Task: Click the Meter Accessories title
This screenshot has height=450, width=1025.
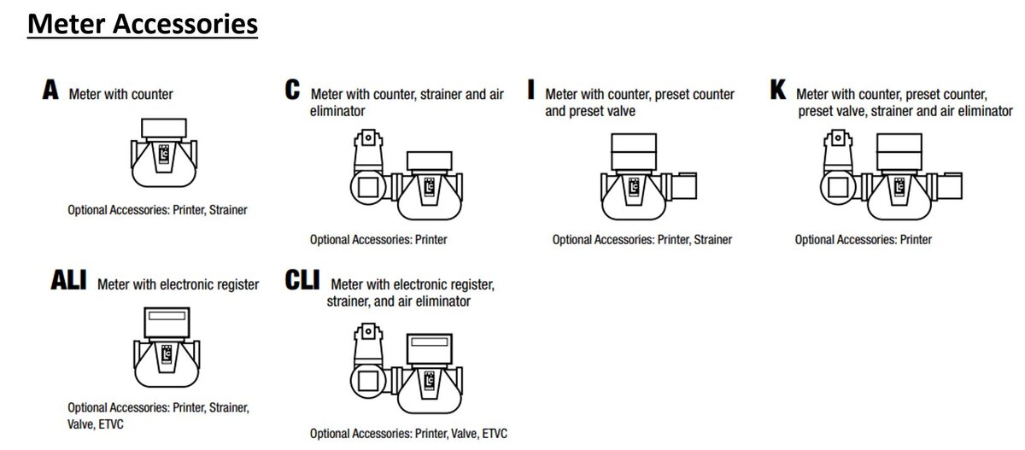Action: pyautogui.click(x=143, y=24)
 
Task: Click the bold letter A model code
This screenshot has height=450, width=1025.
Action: pyautogui.click(x=50, y=90)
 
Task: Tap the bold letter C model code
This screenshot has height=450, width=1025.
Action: pyautogui.click(x=292, y=90)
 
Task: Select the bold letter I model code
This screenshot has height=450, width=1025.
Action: pyautogui.click(x=530, y=90)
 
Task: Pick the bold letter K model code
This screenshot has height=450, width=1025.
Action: pyautogui.click(x=778, y=90)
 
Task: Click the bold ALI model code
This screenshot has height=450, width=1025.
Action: pyautogui.click(x=68, y=280)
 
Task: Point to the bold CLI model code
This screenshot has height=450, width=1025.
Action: pyautogui.click(x=302, y=280)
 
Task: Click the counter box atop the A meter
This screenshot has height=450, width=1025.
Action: pyautogui.click(x=164, y=128)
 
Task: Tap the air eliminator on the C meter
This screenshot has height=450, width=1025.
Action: pyautogui.click(x=368, y=150)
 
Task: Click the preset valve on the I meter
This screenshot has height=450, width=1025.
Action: pyautogui.click(x=683, y=185)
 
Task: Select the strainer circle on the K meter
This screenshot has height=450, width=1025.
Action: pyautogui.click(x=838, y=187)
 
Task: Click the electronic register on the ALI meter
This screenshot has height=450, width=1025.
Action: pyautogui.click(x=167, y=323)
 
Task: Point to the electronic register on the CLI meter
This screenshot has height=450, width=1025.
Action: pyautogui.click(x=429, y=349)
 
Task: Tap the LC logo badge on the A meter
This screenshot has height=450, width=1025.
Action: pyautogui.click(x=164, y=155)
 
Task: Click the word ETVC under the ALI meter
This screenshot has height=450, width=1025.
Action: pyautogui.click(x=111, y=424)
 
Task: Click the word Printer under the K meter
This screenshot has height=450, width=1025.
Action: pyautogui.click(x=916, y=240)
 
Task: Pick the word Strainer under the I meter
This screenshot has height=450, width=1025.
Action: pyautogui.click(x=713, y=240)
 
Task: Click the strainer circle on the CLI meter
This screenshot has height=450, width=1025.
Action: pyautogui.click(x=368, y=381)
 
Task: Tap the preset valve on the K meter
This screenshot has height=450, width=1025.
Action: pyautogui.click(x=949, y=185)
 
